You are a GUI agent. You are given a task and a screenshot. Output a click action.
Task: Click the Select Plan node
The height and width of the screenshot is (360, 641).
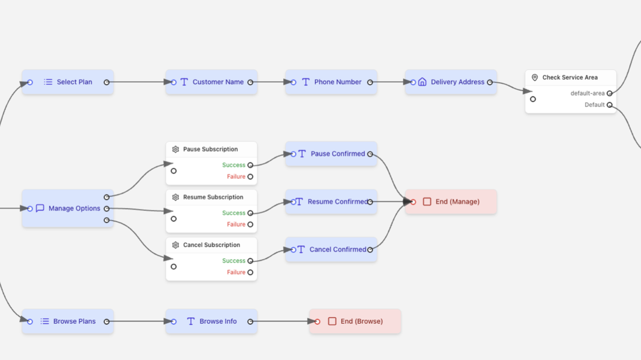(68, 82)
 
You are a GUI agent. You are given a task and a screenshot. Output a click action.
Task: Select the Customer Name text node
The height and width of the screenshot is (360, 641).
(212, 82)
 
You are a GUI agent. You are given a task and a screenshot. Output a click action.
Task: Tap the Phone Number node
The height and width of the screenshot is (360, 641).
(331, 82)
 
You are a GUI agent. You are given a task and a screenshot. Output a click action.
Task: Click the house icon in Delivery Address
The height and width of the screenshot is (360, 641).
(422, 82)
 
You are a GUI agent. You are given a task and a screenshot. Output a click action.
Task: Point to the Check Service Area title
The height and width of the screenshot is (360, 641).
(569, 77)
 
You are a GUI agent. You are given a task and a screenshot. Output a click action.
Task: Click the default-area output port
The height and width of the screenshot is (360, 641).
(609, 93)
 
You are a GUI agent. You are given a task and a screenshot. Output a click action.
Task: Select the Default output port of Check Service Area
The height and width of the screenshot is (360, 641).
(609, 105)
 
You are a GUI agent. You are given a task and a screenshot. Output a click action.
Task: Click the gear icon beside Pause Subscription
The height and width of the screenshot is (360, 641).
(176, 150)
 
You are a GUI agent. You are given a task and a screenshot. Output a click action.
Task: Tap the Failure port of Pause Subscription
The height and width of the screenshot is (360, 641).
(250, 177)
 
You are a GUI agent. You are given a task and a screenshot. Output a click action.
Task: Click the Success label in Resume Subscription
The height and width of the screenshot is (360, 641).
(233, 213)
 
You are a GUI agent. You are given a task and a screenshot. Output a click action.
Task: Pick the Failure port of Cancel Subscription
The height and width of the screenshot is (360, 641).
(250, 272)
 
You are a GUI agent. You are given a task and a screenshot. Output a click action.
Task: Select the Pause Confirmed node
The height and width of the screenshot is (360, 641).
(331, 154)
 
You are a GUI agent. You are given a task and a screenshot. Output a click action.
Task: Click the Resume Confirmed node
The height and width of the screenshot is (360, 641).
(331, 202)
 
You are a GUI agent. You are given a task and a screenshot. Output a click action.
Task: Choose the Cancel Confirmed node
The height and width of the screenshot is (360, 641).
(331, 249)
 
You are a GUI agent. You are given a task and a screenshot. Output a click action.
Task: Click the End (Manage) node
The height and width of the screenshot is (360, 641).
(451, 202)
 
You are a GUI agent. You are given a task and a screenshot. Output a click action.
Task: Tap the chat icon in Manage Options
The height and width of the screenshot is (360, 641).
(40, 208)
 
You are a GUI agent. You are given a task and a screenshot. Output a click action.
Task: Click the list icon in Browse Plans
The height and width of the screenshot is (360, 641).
(45, 322)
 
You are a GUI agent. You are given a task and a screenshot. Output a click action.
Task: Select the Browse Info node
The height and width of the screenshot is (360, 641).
(212, 322)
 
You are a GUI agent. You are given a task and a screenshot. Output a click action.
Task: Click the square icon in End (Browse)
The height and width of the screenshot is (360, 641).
(332, 322)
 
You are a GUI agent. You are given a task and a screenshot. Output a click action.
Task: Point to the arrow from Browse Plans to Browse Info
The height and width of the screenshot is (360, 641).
(139, 322)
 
